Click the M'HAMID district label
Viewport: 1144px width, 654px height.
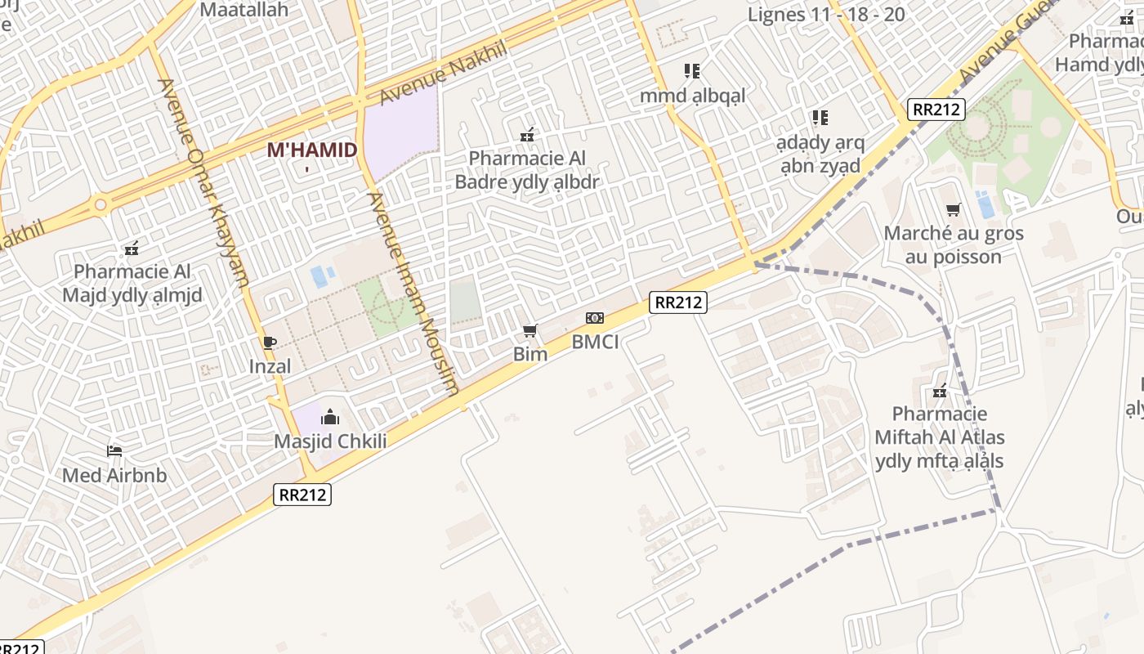click(x=312, y=150)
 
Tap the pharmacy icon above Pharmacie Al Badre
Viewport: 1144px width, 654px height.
click(x=527, y=134)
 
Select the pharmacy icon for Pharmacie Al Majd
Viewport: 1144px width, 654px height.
click(x=131, y=247)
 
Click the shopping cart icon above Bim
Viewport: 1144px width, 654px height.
click(x=530, y=331)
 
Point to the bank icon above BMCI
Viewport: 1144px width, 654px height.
click(x=594, y=318)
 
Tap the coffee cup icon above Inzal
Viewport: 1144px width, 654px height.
click(x=270, y=343)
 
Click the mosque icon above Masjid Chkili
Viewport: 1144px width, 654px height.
click(x=330, y=417)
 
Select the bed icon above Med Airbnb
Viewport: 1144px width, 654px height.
click(x=114, y=450)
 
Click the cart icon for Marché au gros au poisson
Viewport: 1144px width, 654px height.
click(x=953, y=210)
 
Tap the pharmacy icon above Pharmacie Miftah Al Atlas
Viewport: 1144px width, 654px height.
click(x=940, y=390)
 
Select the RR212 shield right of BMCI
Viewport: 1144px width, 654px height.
click(x=677, y=302)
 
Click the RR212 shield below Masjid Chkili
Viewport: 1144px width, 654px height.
click(x=302, y=494)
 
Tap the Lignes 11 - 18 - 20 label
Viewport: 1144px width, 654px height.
click(x=826, y=14)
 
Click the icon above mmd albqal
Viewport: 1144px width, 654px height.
click(x=692, y=71)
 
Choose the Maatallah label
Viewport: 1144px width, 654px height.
click(x=244, y=10)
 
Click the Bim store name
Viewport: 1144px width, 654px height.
click(x=530, y=354)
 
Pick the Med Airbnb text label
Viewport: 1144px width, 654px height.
click(x=114, y=475)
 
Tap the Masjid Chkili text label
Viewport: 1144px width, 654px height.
click(x=330, y=441)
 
